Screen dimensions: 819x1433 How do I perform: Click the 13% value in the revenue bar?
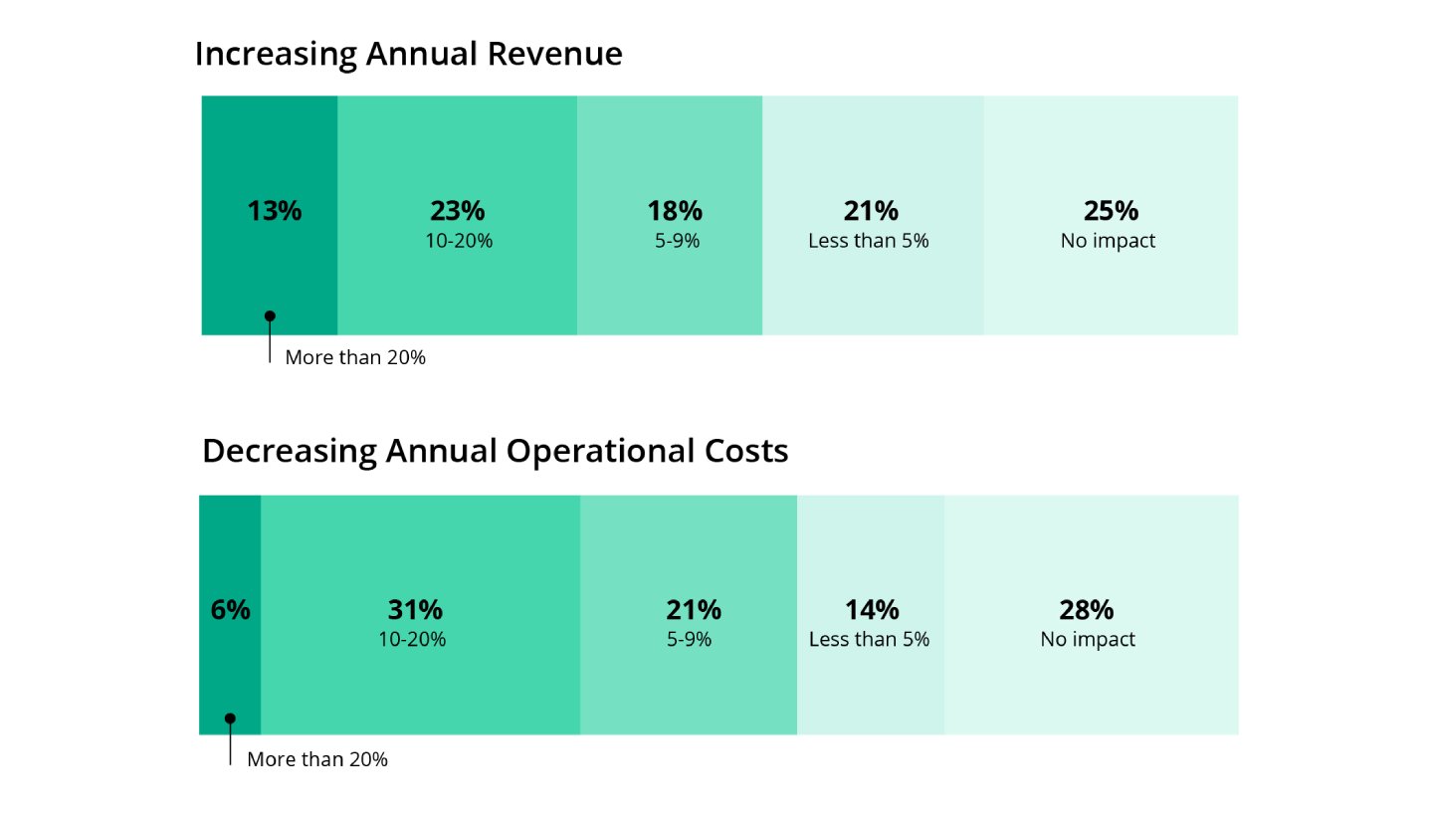(274, 211)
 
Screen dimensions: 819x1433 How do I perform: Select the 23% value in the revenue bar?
(458, 211)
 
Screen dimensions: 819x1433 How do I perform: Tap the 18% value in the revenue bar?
(675, 211)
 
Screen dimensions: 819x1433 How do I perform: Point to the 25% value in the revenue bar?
(1111, 211)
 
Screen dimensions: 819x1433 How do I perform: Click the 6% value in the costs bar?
(231, 610)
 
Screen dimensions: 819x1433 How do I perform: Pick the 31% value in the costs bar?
(415, 610)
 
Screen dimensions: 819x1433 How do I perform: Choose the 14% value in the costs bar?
(872, 610)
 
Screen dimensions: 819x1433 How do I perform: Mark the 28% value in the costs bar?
(1087, 610)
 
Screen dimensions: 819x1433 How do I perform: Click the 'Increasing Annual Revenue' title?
(408, 54)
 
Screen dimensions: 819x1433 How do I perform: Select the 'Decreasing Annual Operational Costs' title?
(495, 451)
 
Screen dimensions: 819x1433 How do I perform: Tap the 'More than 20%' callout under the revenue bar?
(355, 357)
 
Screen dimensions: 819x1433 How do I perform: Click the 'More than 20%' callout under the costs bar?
(317, 759)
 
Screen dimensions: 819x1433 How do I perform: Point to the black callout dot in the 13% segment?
(270, 316)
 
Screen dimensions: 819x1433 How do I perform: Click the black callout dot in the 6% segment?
(230, 718)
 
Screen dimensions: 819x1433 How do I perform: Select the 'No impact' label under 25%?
(1108, 241)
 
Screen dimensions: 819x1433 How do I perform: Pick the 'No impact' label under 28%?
(1088, 639)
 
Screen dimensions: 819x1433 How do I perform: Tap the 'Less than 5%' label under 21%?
(868, 241)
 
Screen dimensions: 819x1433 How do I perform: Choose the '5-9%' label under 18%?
(677, 241)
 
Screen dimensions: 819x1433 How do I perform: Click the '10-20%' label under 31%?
(412, 639)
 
